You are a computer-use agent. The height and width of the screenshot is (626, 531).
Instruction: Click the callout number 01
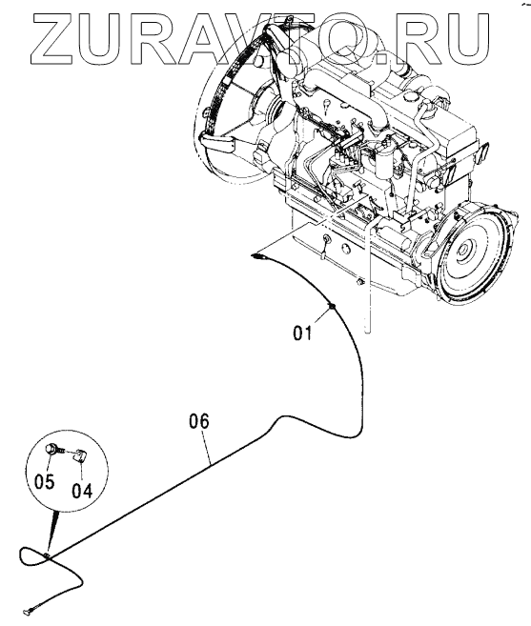302,333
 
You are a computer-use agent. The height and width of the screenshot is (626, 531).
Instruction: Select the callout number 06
198,421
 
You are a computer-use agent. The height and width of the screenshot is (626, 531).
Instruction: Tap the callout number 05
44,482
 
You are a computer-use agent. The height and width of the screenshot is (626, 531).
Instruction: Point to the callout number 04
82,491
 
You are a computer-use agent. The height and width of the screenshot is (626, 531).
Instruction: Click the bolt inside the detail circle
55,450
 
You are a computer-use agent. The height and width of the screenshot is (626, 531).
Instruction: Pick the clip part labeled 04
80,454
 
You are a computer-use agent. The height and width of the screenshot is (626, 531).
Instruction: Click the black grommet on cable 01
331,307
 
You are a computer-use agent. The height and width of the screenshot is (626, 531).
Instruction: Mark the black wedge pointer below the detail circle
53,530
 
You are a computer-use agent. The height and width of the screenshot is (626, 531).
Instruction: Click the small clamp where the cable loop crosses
47,555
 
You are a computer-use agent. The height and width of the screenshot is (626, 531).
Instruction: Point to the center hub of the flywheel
464,250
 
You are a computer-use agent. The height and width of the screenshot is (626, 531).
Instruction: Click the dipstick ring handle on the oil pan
327,239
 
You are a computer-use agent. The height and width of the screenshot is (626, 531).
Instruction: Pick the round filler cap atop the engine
410,97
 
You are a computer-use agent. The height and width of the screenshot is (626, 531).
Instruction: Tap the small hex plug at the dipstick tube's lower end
359,282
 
